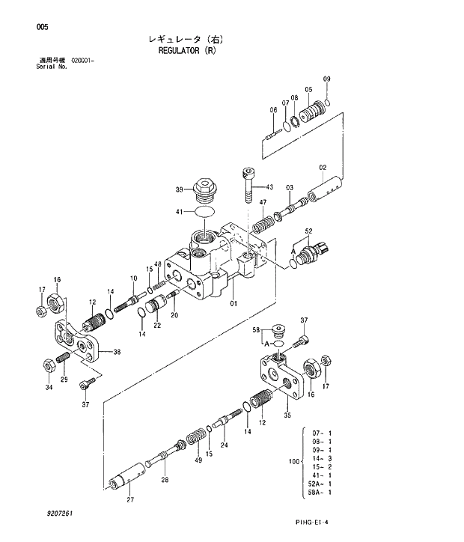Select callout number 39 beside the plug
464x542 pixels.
coord(180,189)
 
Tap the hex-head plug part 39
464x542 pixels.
coord(203,191)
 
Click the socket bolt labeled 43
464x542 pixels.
coord(248,183)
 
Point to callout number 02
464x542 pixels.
coord(323,167)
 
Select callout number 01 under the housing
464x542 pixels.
coord(233,303)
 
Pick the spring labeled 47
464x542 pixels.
coord(263,222)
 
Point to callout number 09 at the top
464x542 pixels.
coord(326,79)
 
